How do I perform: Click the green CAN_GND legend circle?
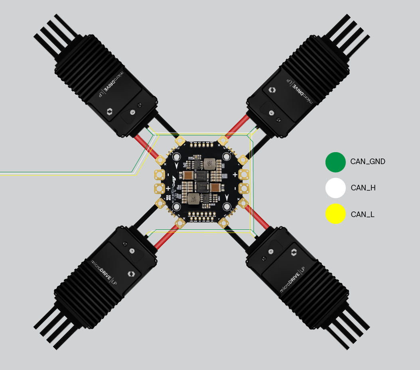335,162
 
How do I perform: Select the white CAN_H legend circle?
335,188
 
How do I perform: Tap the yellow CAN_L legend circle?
335,214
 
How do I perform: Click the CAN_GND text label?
368,162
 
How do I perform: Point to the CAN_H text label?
363,188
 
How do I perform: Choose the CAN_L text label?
363,215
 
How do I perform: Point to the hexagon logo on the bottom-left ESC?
131,274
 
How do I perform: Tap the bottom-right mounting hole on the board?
227,206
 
